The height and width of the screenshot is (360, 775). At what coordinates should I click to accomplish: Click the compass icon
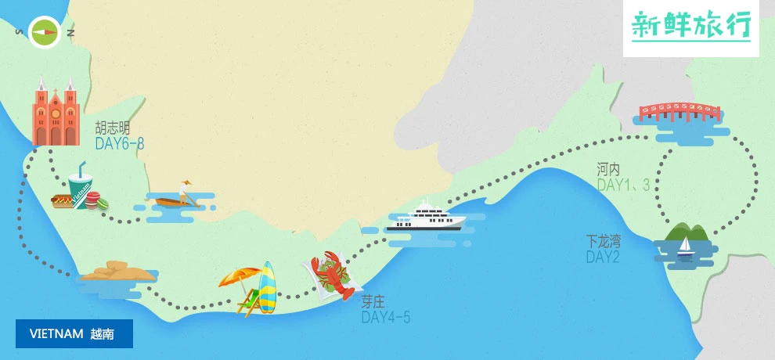click(x=44, y=32)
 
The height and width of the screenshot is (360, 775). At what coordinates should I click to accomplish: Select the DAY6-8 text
click(x=120, y=144)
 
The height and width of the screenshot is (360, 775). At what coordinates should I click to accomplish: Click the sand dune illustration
click(x=117, y=271)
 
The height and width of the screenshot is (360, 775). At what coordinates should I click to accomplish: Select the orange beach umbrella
click(x=240, y=276)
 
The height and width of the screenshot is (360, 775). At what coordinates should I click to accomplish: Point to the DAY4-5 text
click(x=385, y=318)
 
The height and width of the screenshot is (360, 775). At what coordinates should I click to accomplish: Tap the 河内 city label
click(x=608, y=169)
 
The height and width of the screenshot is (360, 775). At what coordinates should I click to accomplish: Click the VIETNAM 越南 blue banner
click(x=74, y=333)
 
